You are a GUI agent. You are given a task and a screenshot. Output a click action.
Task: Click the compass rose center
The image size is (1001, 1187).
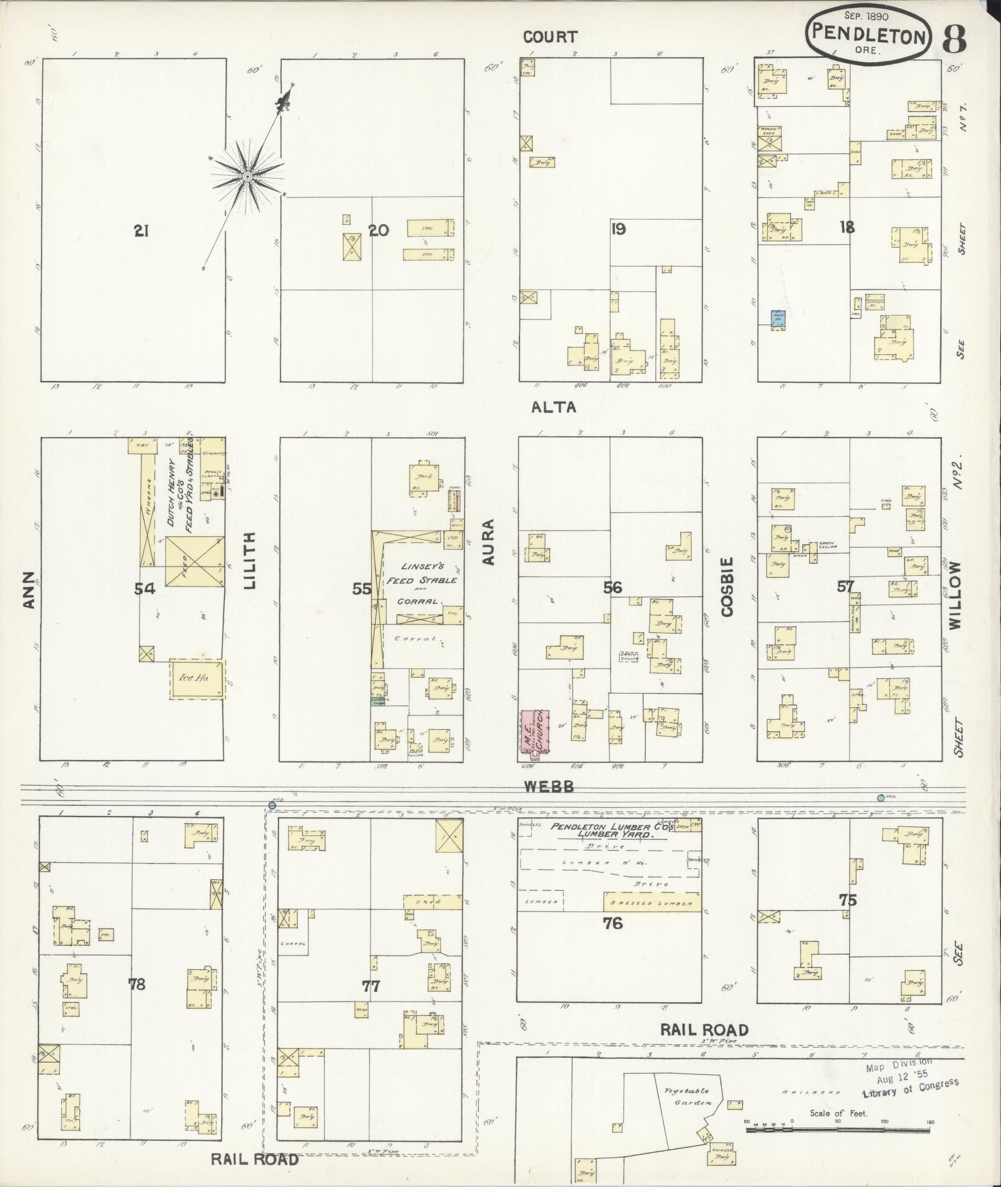click(x=247, y=177)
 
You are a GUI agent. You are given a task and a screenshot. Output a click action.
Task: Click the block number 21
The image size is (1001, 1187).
click(x=141, y=231)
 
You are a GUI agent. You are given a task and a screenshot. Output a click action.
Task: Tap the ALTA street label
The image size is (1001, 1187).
click(x=554, y=407)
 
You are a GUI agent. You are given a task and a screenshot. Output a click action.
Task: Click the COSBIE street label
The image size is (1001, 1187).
click(x=727, y=586)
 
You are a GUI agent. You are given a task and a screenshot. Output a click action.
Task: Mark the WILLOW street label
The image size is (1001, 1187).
click(x=954, y=595)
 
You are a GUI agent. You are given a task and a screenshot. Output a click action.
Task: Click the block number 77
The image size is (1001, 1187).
click(x=370, y=985)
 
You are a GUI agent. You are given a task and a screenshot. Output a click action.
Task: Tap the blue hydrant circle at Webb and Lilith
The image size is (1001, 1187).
click(x=272, y=805)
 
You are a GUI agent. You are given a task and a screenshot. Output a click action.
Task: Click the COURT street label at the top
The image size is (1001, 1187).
click(x=550, y=37)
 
